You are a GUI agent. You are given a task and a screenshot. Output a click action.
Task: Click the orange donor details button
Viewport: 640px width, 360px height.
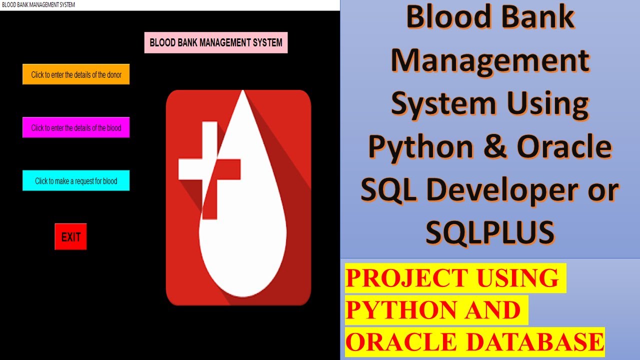coord(76,74)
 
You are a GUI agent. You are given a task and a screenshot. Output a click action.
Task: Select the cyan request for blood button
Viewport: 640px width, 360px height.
coord(76,180)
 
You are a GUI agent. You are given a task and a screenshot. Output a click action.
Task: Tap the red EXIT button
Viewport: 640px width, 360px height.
coord(70,236)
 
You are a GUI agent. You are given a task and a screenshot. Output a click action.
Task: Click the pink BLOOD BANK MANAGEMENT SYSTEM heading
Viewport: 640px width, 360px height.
coord(216,43)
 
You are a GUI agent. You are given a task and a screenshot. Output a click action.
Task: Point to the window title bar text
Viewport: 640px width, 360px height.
coord(38,4)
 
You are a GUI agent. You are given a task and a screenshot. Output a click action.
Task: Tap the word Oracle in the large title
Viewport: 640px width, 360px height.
coord(564,147)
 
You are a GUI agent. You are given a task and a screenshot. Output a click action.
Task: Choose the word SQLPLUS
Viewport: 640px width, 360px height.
coord(490,232)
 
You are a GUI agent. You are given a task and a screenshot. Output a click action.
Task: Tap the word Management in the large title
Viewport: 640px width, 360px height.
coord(490,61)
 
